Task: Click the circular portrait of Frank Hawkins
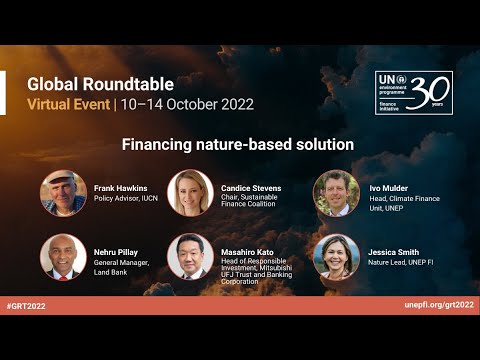[x=63, y=193]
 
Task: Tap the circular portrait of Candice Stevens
[x=190, y=193]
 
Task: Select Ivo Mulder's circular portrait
[x=336, y=193]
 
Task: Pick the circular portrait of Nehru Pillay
[x=63, y=256]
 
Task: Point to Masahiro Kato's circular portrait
[x=190, y=256]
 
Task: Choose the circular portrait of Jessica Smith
[x=336, y=256]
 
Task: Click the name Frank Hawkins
[x=121, y=187]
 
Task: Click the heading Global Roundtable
[x=100, y=84]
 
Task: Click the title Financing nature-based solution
[x=238, y=144]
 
